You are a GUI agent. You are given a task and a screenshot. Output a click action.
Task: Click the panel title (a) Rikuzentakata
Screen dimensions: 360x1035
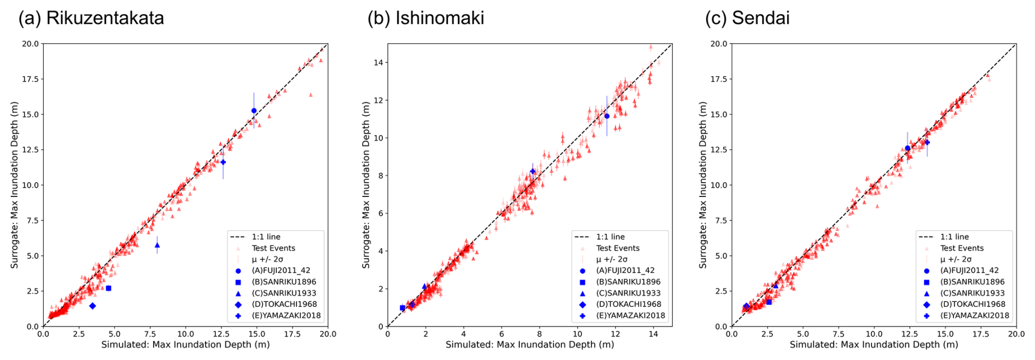click(91, 18)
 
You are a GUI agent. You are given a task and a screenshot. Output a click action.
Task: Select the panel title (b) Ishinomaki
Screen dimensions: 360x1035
click(426, 18)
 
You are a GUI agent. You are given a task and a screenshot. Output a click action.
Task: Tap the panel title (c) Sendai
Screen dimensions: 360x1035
click(747, 18)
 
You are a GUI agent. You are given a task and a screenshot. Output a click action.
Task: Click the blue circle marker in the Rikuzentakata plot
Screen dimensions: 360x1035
click(254, 111)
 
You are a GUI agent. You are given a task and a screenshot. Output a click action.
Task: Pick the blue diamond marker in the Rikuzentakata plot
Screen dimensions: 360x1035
click(92, 306)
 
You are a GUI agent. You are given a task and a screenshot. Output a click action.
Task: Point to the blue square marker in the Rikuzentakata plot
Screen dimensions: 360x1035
click(108, 288)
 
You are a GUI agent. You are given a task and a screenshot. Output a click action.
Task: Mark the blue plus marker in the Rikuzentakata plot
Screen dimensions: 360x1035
click(223, 162)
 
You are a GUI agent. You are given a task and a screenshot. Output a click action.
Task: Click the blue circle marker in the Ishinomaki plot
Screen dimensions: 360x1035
click(607, 116)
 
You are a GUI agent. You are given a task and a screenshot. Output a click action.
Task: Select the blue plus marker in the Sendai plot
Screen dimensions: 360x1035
click(927, 143)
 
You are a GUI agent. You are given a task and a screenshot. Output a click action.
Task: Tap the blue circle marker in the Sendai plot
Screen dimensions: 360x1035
click(908, 148)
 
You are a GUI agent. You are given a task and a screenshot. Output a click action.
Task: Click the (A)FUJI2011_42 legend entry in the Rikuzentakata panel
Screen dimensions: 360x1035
click(284, 270)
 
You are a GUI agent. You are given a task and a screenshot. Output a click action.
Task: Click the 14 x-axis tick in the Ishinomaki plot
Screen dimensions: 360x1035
click(653, 334)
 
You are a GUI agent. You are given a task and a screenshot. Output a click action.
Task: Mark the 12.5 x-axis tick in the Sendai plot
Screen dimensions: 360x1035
click(909, 334)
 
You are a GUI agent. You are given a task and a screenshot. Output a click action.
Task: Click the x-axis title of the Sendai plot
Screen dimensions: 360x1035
click(874, 345)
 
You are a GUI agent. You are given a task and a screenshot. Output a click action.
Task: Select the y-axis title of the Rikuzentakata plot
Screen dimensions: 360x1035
click(15, 185)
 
